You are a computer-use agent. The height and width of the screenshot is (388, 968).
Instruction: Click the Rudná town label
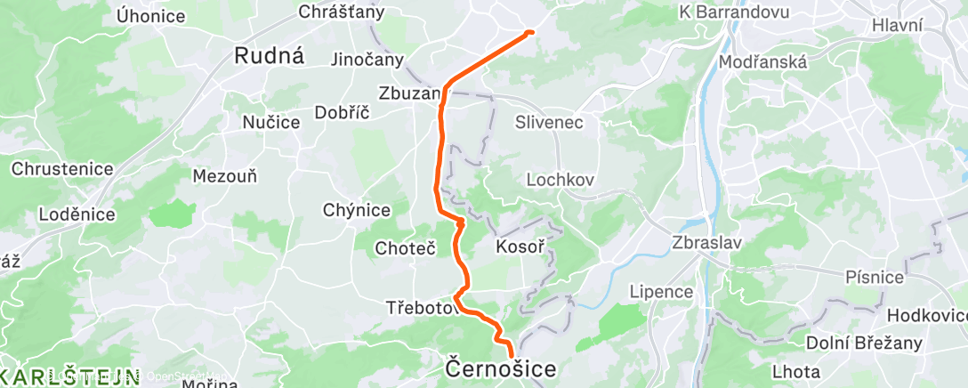(x=270, y=56)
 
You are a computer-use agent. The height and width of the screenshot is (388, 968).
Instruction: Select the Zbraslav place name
(x=707, y=242)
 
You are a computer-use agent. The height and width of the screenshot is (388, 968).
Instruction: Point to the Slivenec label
(x=549, y=123)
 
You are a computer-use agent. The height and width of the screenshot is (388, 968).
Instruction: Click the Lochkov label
(x=560, y=179)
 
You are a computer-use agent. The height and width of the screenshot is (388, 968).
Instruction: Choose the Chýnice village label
(x=357, y=210)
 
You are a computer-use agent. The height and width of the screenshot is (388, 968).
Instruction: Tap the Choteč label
(x=405, y=247)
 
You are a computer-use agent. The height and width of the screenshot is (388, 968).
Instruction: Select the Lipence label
(x=660, y=292)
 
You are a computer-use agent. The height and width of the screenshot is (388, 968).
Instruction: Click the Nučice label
(x=271, y=122)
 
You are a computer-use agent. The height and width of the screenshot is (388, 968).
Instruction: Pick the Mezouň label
(x=225, y=176)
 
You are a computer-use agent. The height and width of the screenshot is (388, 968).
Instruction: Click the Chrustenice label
(x=62, y=169)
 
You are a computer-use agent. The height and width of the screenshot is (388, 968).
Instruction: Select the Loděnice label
(x=77, y=214)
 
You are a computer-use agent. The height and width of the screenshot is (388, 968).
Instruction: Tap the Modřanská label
(x=762, y=62)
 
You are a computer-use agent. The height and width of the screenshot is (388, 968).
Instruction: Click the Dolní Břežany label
(x=855, y=343)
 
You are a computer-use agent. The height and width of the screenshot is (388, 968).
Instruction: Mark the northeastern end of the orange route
(x=531, y=32)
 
